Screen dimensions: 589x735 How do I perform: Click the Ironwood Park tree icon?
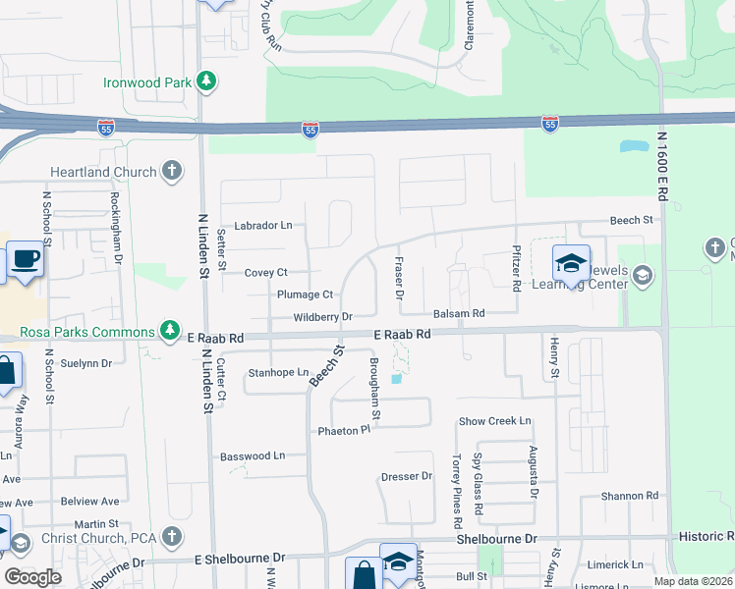coord(206,81)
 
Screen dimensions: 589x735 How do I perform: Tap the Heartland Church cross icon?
coord(172,172)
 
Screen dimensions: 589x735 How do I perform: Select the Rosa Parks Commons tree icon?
coord(171,330)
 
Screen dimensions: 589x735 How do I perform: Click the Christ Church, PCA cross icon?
coord(172,537)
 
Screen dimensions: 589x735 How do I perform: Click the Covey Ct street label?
coord(265,272)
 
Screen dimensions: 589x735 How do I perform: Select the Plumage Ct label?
coord(306,294)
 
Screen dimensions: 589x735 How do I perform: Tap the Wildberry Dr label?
coord(322,317)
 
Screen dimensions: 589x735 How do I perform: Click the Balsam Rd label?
coord(460,314)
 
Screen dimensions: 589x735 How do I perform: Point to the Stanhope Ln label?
coord(279,373)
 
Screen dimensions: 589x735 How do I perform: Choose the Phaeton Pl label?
coord(343,430)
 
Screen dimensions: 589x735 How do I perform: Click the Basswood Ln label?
coord(253,455)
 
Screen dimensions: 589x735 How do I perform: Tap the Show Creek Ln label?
coord(495,421)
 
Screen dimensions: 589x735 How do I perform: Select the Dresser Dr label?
coord(407,477)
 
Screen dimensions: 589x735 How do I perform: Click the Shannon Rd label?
coord(630,496)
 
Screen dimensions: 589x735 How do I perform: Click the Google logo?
coord(32,577)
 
